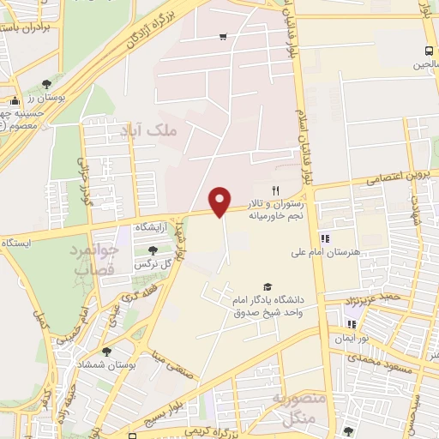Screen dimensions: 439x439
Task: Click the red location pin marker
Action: pos(221,201)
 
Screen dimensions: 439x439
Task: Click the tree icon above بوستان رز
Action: pos(45,84)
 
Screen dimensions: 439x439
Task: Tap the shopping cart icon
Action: pos(223,36)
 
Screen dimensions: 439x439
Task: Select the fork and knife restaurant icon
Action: pos(275,189)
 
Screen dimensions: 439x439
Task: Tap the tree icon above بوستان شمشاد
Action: pos(106,352)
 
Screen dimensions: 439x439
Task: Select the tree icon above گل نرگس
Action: pos(153,250)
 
